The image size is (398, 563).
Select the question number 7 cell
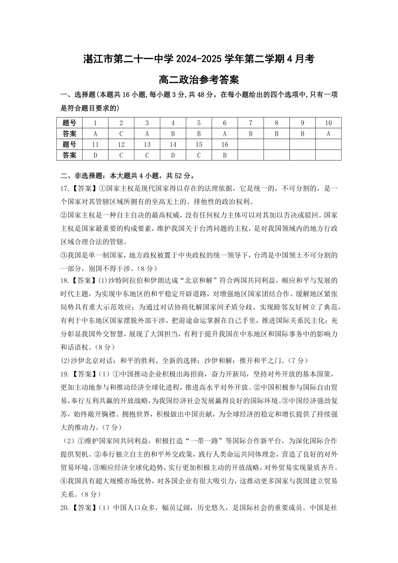coord(251,123)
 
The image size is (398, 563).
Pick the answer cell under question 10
coord(328,134)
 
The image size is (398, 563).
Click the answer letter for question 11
coord(95,155)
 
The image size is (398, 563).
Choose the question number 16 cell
coord(225,145)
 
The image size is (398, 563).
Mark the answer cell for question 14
coord(173,155)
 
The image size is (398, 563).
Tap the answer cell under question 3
coord(147,134)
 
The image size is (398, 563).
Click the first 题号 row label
coord(70,123)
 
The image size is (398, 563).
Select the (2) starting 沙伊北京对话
coord(65,360)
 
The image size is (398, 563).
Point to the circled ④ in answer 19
coord(64,480)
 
